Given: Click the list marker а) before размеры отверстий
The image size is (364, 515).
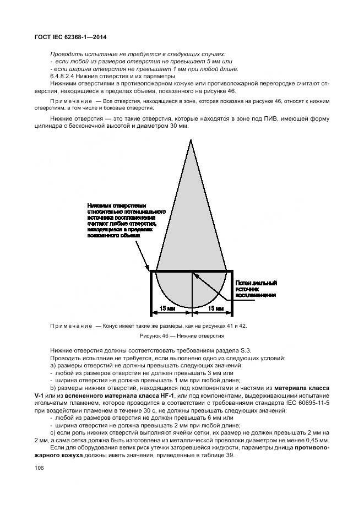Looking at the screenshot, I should [53, 366].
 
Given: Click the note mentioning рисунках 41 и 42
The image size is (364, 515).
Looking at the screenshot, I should [149, 326].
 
